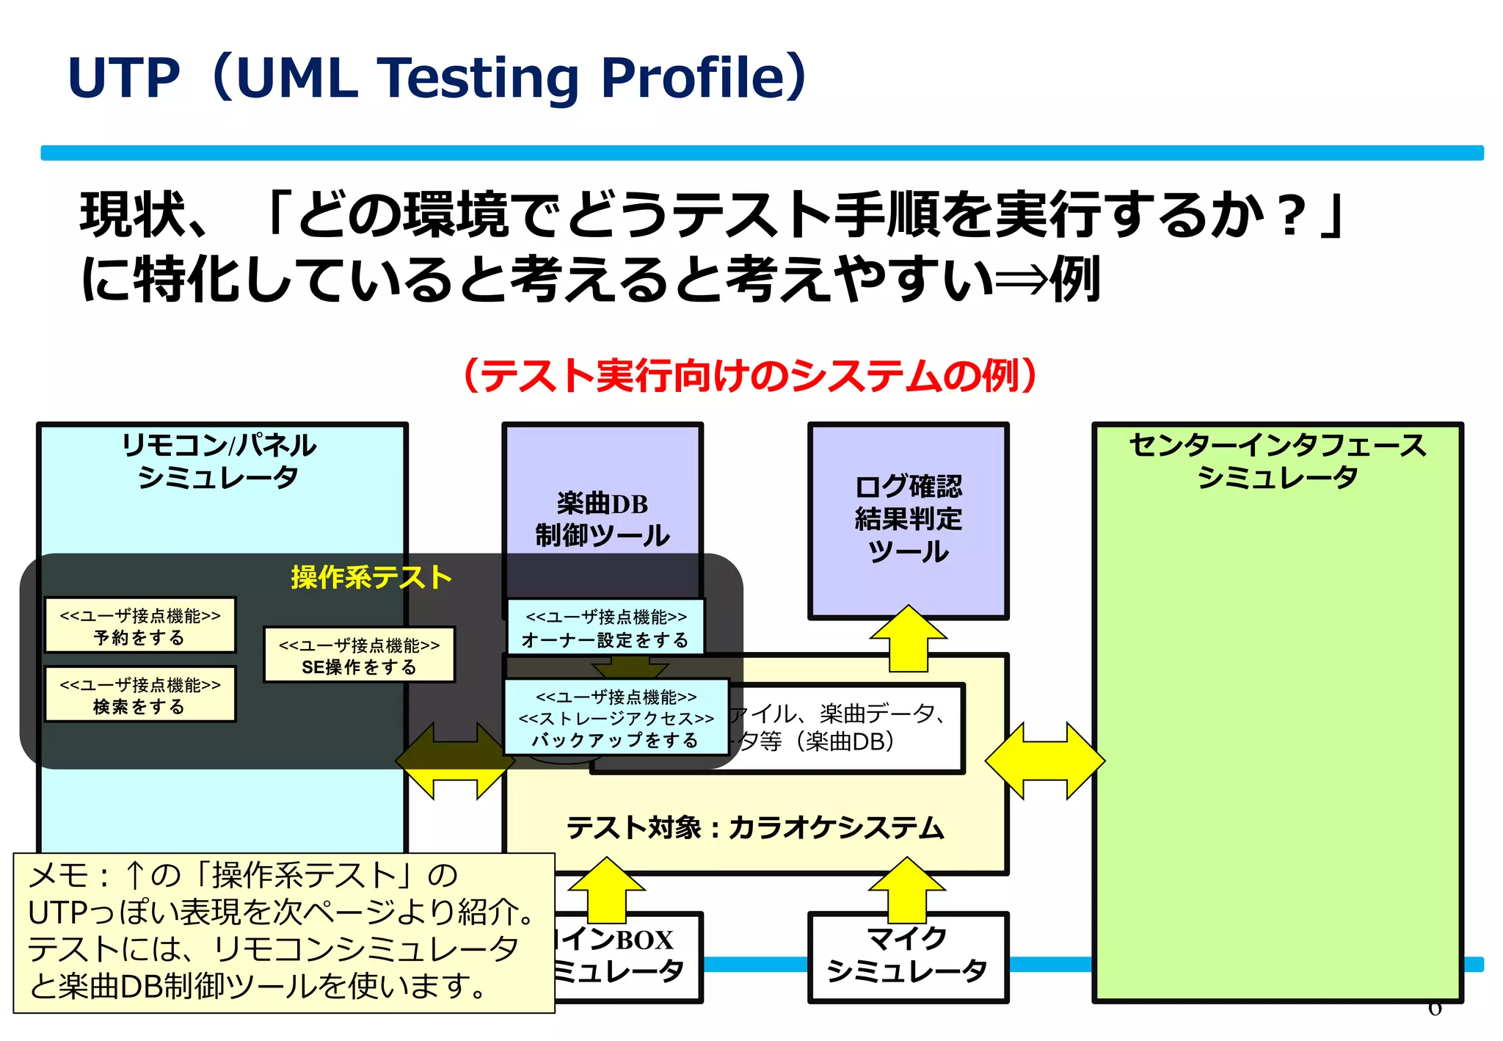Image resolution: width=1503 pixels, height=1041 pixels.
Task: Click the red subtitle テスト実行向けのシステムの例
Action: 750,376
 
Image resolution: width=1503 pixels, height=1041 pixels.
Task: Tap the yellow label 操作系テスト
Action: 371,577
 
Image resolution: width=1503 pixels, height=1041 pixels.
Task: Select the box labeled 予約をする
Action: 140,625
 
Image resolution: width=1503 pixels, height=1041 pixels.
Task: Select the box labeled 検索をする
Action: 140,694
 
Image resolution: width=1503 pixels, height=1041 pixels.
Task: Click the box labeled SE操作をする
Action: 359,655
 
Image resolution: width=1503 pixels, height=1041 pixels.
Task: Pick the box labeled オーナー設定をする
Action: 605,628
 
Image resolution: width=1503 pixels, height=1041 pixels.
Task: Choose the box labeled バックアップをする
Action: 616,717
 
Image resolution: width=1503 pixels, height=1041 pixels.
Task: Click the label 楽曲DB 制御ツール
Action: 602,519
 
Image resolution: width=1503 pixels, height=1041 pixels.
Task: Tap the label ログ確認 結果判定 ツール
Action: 908,518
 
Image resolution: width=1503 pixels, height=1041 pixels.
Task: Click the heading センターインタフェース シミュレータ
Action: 1277,460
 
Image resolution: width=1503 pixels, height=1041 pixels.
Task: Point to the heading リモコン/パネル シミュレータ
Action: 219,460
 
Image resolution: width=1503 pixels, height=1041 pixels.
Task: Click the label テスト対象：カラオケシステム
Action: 754,827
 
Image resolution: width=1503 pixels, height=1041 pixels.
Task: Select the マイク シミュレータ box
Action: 907,956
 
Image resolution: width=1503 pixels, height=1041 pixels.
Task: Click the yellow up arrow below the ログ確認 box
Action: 909,639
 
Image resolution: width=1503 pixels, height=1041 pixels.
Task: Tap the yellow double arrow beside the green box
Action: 1044,761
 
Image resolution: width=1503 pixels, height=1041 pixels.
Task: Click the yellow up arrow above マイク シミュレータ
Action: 907,890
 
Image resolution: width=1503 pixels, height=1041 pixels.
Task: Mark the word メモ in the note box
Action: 59,875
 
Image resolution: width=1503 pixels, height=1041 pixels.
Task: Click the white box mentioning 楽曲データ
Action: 844,728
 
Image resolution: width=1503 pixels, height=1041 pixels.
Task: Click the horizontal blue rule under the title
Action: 761,153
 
